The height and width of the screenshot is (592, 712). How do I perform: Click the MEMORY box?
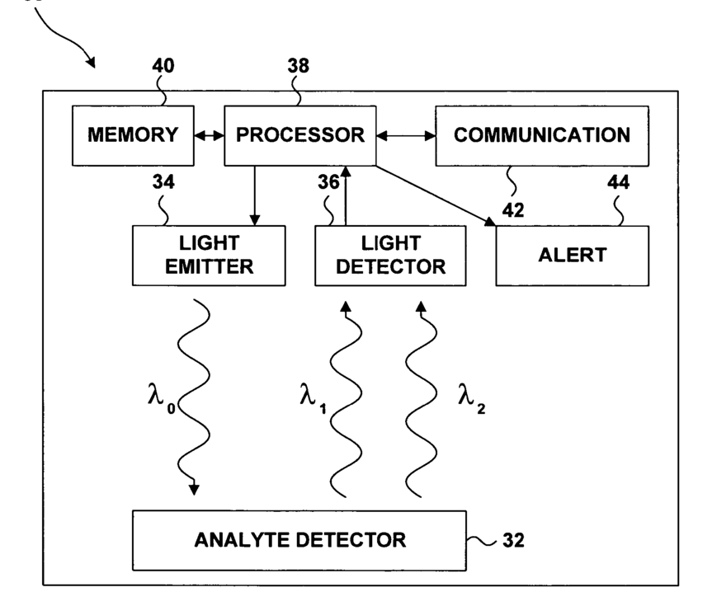(133, 135)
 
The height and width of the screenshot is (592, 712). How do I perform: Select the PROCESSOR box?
(300, 135)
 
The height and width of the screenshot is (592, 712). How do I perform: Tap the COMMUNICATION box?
(542, 135)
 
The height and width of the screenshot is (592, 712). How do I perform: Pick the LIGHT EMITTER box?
(209, 255)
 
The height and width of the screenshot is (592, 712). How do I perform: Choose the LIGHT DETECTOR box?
(389, 255)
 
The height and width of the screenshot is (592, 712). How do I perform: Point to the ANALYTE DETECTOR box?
(299, 541)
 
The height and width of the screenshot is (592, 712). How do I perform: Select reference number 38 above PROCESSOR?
(298, 68)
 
